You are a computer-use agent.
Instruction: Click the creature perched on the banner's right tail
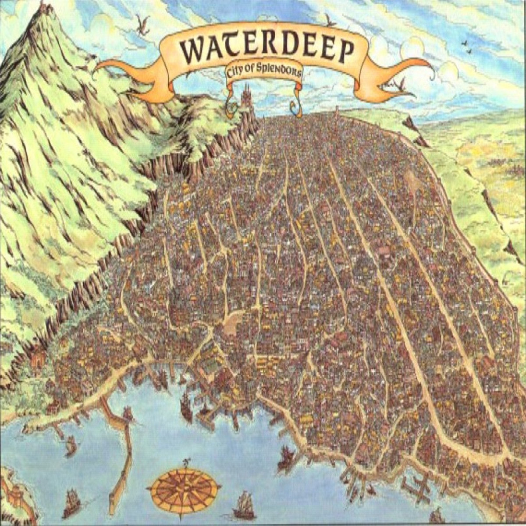pos(400,84)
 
